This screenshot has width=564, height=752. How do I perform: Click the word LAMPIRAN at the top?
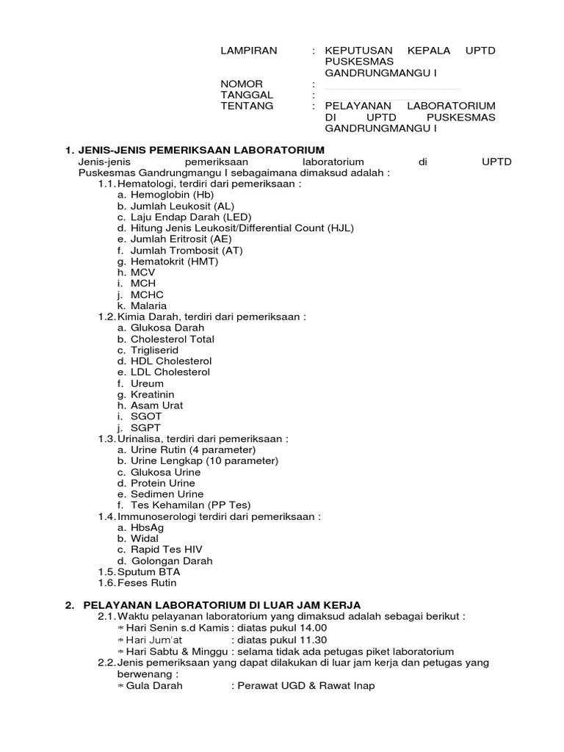[x=249, y=51]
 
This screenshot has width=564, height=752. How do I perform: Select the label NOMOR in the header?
[x=242, y=84]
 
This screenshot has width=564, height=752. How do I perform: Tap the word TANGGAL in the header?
[x=247, y=95]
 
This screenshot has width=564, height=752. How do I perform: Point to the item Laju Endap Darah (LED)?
[x=190, y=217]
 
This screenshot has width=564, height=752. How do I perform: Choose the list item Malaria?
[x=148, y=305]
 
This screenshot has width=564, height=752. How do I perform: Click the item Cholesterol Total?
[x=172, y=339]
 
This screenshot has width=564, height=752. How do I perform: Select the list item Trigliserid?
[x=154, y=350]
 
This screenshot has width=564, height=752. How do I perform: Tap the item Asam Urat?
[x=156, y=405]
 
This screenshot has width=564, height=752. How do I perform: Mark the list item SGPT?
[x=145, y=427]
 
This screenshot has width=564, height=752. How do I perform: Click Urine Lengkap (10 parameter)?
[x=204, y=461]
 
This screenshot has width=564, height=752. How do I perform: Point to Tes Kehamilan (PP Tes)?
[x=190, y=505]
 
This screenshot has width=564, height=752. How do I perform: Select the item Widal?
[x=145, y=538]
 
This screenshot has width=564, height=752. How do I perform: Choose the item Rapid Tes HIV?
[x=166, y=549]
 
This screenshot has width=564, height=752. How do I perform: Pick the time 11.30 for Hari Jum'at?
[x=313, y=640]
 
